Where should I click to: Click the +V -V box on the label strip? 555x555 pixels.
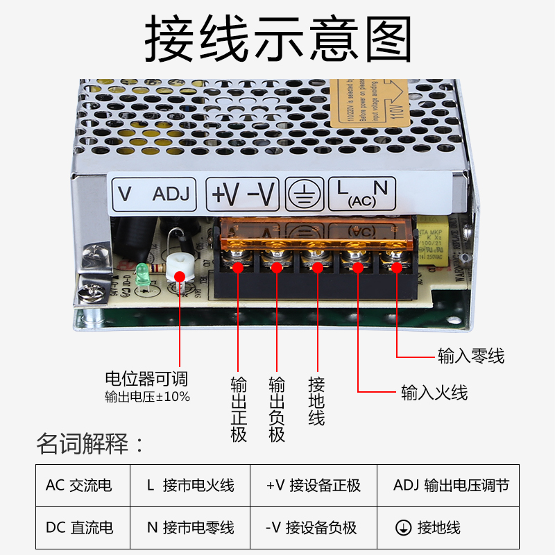243,194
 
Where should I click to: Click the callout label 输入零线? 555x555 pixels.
471,357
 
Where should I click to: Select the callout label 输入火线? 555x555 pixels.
434,393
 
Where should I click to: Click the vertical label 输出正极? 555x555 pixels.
239,410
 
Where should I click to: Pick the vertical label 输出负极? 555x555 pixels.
277,410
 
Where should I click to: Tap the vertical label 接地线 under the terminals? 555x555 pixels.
316,402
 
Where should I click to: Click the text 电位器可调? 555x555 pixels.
146,379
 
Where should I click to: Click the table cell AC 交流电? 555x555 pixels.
78,485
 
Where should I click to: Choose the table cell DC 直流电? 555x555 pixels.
78,527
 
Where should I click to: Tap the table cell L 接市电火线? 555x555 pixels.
190,485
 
